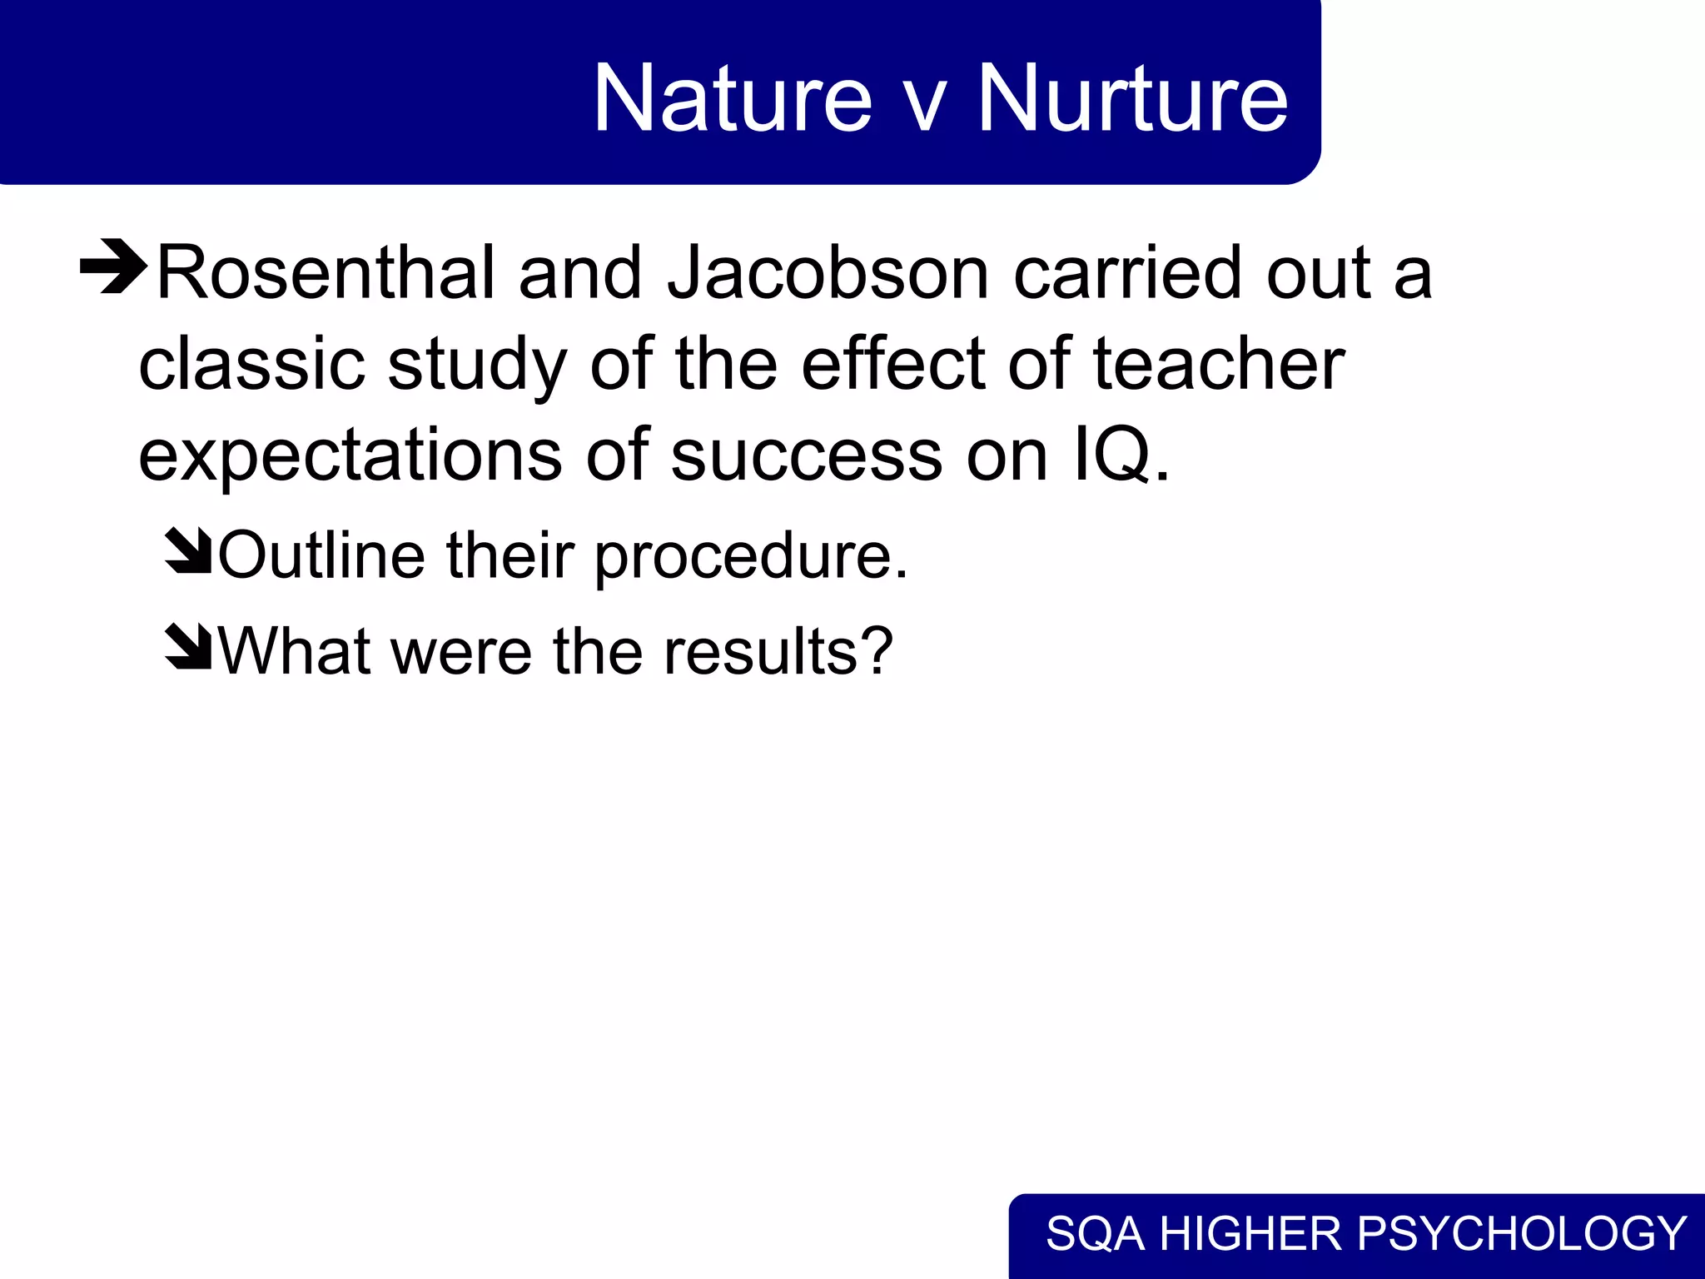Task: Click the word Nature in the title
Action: point(732,99)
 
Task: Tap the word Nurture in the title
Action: point(1132,99)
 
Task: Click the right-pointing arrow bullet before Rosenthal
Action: point(114,267)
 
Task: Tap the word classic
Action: point(251,365)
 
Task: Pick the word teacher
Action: point(1218,365)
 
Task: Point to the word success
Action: point(806,456)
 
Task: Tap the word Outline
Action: point(322,555)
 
